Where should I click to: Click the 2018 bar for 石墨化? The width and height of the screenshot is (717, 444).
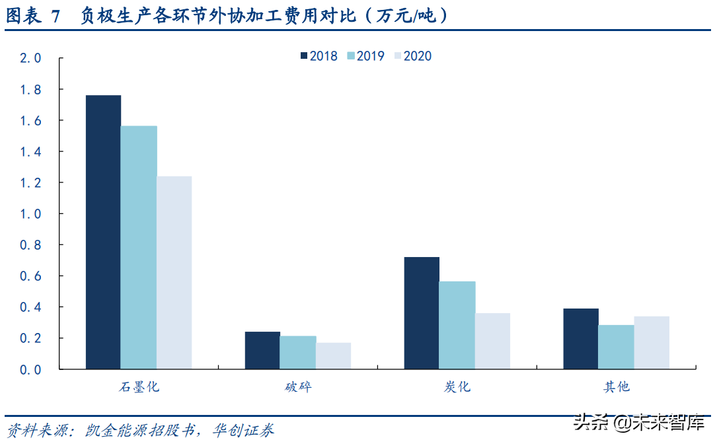coord(103,232)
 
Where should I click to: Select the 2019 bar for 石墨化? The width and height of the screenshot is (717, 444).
coord(139,247)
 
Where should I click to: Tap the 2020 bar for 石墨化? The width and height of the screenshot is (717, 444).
coord(174,272)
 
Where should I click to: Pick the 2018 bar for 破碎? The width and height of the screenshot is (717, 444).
coord(262,350)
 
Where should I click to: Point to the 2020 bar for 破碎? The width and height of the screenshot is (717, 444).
coord(333,355)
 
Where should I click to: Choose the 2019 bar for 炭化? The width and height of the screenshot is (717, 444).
coord(457,325)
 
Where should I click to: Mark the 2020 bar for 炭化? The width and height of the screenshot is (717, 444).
coord(492,341)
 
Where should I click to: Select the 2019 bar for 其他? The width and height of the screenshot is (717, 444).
coord(616,347)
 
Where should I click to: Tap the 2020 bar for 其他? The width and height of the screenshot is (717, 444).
coord(652,342)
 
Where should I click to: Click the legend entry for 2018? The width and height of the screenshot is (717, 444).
coord(319,56)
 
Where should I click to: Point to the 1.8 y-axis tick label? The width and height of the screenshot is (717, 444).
coord(30,89)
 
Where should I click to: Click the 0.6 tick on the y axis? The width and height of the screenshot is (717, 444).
coord(30,276)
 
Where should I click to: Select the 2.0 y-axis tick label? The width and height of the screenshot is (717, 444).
coord(30,58)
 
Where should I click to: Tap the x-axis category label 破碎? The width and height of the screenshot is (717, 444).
coord(298,387)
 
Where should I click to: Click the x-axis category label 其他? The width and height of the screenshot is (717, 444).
coord(616,387)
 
